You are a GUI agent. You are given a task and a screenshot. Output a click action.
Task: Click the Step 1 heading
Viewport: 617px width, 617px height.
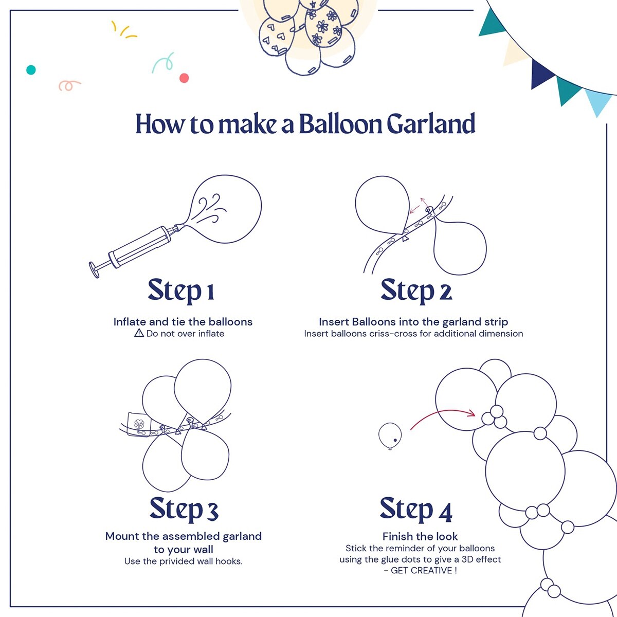click(181, 291)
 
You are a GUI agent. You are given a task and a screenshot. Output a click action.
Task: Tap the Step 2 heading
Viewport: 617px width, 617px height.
click(416, 291)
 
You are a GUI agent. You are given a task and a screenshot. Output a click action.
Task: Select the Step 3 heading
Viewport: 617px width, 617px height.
click(184, 509)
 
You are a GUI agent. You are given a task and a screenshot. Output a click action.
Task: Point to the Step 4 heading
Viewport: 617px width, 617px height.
click(416, 510)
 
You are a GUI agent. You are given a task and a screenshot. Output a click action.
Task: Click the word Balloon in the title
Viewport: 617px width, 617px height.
click(339, 125)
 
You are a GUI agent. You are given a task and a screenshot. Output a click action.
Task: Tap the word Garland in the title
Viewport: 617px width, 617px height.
click(430, 125)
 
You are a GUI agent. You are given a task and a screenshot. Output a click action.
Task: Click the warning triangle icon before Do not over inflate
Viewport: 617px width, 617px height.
click(139, 333)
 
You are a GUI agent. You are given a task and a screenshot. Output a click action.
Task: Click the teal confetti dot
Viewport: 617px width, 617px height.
click(31, 70)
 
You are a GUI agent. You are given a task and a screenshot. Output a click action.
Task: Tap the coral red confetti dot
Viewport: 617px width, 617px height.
click(184, 78)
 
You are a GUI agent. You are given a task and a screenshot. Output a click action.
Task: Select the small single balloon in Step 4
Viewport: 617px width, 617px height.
click(390, 435)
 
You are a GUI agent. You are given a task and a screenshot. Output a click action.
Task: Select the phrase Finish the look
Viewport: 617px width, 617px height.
click(420, 537)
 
